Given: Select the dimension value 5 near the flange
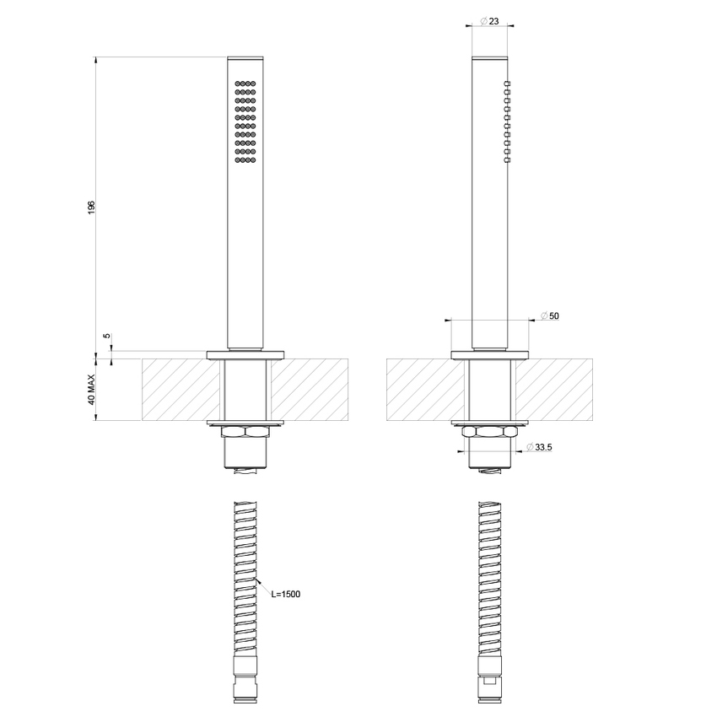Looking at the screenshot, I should coord(106,336).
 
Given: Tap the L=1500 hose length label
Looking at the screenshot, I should coord(286,594).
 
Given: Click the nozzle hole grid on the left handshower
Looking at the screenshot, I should coord(245,123).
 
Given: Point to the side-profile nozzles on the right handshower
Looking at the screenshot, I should coord(508,121).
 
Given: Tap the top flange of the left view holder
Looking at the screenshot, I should coord(245,353).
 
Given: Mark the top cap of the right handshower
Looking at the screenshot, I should coord(490,59).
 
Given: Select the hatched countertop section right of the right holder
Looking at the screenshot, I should coord(553,390).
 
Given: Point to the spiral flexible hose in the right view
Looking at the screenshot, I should coord(490,582).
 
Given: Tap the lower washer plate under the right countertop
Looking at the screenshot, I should coord(490,422).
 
